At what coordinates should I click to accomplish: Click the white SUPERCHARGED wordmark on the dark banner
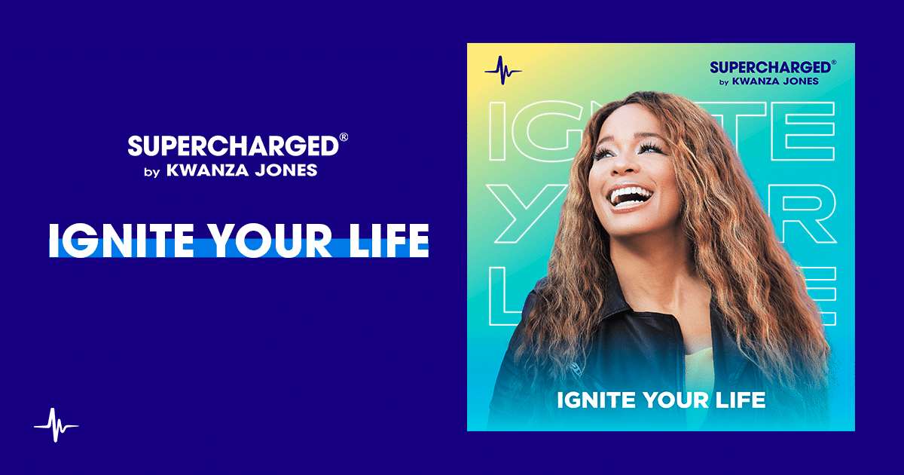(x=233, y=146)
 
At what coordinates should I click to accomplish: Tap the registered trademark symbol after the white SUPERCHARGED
(x=344, y=138)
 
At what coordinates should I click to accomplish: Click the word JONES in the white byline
(x=286, y=170)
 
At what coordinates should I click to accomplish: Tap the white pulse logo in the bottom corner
(x=56, y=425)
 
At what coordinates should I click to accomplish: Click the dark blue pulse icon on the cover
(x=502, y=71)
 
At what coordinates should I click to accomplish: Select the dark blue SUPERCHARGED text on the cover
(x=764, y=66)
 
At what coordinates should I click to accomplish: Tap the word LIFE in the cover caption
(x=741, y=400)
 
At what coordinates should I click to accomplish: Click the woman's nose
(x=616, y=167)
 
